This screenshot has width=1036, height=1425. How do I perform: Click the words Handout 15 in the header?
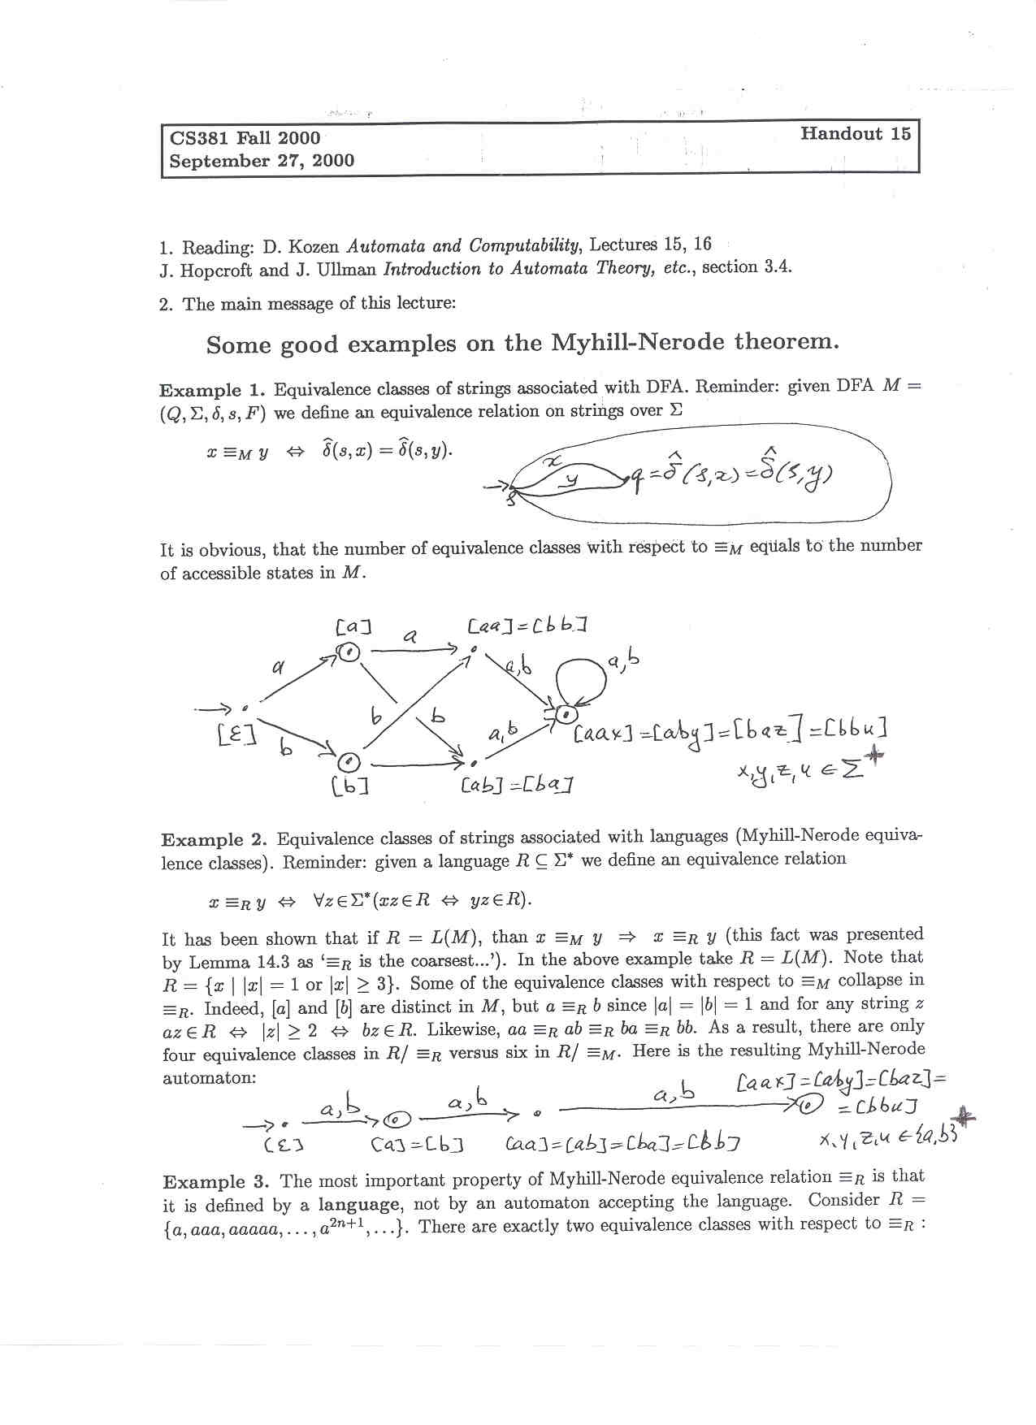point(855,134)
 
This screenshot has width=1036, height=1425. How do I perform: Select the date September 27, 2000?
point(262,161)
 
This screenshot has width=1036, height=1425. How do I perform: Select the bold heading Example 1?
point(213,390)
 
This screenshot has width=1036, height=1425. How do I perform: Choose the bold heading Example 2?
point(215,839)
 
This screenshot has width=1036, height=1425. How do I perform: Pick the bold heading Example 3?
point(215,1182)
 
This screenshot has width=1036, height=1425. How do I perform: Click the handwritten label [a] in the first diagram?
point(353,627)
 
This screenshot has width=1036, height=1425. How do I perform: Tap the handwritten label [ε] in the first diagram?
point(236,735)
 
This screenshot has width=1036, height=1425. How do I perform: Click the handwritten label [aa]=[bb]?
point(527,626)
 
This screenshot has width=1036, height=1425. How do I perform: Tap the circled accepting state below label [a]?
point(349,652)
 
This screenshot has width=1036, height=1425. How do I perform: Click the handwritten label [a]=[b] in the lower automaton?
point(417,1146)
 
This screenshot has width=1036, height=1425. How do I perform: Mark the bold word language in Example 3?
point(358,1205)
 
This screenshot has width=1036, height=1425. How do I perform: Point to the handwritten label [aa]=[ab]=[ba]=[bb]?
point(622,1145)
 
